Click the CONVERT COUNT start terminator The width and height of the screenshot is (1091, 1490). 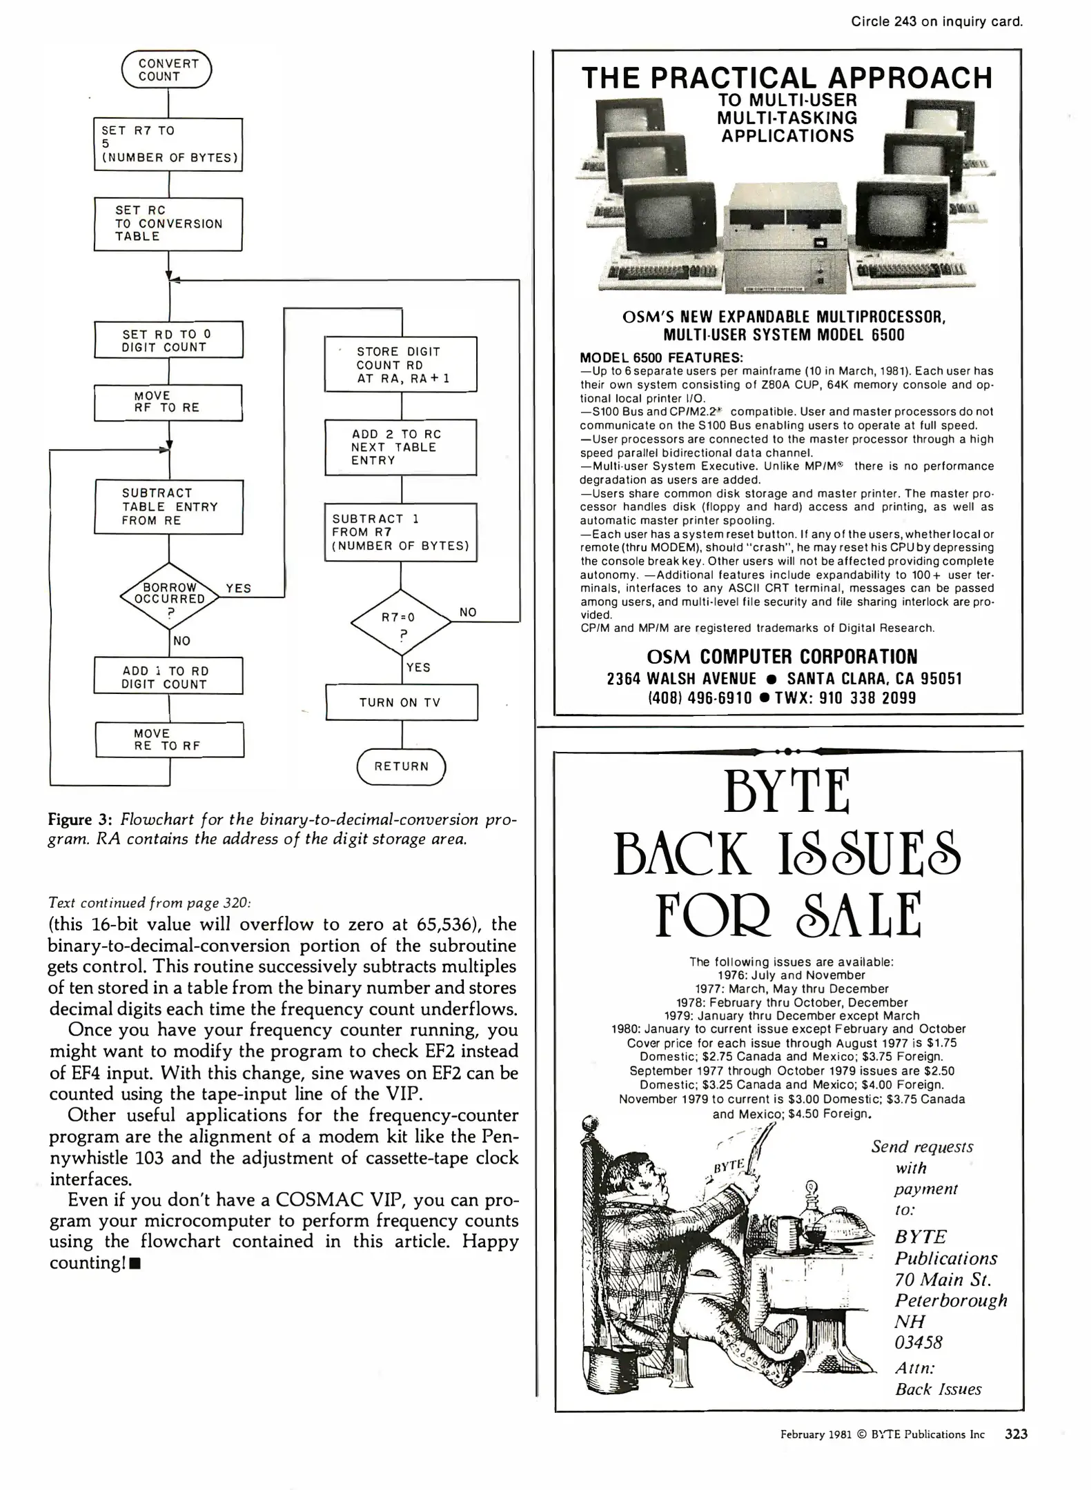pos(166,70)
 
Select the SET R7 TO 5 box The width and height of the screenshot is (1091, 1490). pos(168,144)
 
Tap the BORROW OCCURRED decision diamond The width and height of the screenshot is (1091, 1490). pos(169,594)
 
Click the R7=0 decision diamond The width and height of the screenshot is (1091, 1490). pos(401,622)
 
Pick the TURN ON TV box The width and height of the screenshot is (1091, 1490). pos(401,702)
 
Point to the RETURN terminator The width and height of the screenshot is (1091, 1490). pos(402,766)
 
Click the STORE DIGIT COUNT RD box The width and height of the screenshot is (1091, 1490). pos(401,364)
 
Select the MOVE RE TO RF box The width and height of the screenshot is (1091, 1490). pos(169,739)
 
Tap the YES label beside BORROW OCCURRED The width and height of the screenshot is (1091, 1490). pos(239,588)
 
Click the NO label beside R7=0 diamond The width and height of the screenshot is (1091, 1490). pos(468,612)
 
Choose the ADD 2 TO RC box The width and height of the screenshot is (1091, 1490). pos(401,447)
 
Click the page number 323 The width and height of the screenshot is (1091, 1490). pos(1016,1433)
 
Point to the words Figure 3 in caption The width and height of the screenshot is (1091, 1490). pos(79,819)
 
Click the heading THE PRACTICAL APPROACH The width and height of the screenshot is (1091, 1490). pos(787,78)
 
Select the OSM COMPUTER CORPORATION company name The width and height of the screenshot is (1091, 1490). pos(782,656)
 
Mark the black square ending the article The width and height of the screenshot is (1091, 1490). pos(135,1264)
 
